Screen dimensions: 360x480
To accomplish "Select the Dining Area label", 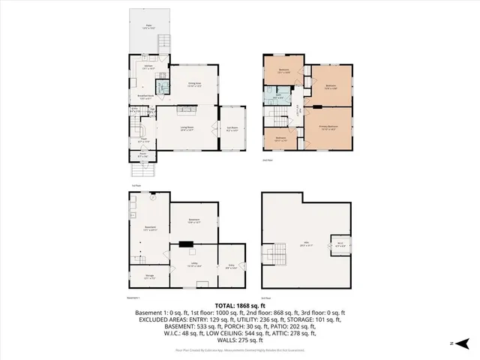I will pos(193,85).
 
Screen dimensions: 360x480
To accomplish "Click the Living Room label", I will pos(186,129).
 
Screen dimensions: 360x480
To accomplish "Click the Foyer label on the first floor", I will pos(143,139).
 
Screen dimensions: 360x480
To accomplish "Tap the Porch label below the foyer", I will pos(143,155).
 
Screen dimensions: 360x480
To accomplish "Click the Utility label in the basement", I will pos(193,266).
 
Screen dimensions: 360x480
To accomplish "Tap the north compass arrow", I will pos(463,343).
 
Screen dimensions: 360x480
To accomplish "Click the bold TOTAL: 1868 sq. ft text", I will pos(239,306).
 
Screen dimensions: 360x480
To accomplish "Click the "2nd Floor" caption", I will pos(266,160).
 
